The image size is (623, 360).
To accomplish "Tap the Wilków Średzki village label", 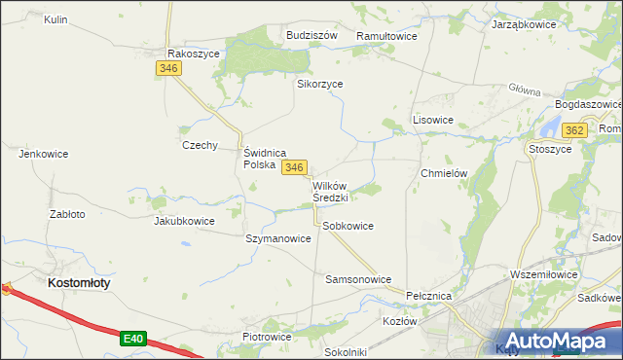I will click(x=330, y=191).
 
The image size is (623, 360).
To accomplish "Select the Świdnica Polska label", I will click(x=263, y=159).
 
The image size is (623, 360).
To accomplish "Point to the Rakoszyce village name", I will click(x=194, y=54).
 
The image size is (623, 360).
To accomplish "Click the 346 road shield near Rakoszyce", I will click(x=168, y=68).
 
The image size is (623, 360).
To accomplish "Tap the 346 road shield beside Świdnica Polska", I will click(x=295, y=167).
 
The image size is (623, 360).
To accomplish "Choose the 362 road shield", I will click(x=574, y=130).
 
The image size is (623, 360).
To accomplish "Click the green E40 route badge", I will click(x=134, y=339).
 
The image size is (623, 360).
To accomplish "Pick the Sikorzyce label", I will click(x=320, y=84).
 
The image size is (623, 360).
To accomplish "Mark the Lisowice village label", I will click(x=433, y=120).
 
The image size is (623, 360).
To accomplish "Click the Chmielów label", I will click(x=445, y=173).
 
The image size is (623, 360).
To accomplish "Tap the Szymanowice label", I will click(x=278, y=238).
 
